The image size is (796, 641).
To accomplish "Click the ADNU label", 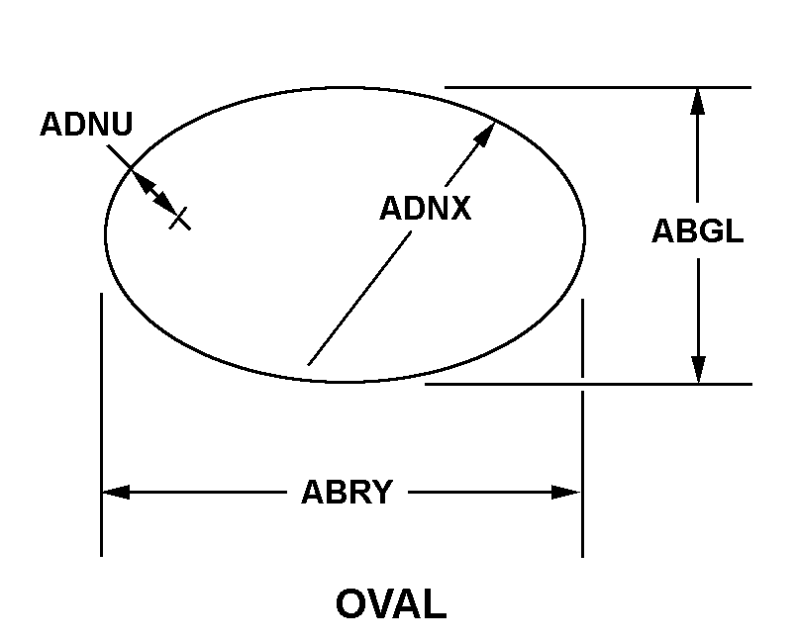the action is tap(86, 124).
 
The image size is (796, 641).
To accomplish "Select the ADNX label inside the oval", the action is tap(426, 208).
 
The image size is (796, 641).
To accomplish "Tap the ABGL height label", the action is tap(698, 231).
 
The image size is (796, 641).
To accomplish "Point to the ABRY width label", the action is tap(348, 492).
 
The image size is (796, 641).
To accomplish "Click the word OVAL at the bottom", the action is tap(391, 603).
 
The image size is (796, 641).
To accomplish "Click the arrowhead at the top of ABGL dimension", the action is tap(698, 102).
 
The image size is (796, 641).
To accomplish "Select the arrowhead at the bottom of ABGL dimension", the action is tap(699, 370).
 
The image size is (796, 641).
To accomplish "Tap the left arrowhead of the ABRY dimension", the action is tap(116, 492).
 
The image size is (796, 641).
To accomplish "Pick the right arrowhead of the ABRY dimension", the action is tap(565, 492).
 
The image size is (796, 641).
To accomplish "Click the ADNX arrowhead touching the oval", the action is tap(484, 134).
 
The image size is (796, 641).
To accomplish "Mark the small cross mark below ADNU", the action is tap(180, 219).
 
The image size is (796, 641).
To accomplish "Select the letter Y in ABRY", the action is tap(382, 492).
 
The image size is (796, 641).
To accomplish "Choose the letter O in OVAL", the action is tap(350, 603).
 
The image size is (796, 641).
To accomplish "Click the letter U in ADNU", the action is tap(122, 125).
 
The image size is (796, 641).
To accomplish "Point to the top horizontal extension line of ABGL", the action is tap(598, 88).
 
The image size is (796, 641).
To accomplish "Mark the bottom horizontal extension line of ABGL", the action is tap(588, 385).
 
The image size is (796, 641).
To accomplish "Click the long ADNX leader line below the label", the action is tap(359, 298).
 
